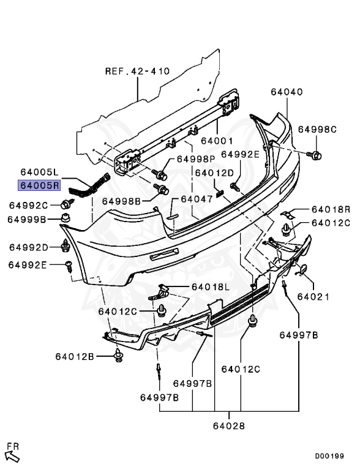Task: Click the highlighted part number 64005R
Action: [39, 185]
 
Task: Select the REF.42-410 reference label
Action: [137, 71]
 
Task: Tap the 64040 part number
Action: [287, 92]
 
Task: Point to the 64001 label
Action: [217, 141]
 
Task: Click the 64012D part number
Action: [214, 173]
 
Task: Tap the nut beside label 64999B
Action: [66, 218]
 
